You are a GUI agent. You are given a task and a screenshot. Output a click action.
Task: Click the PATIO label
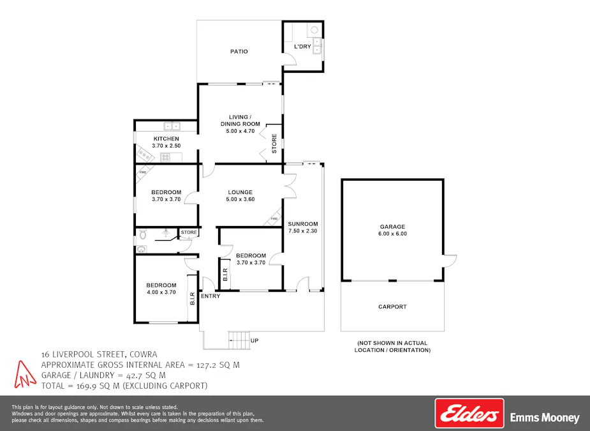point(239,52)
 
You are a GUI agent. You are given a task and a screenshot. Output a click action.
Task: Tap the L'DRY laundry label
point(302,47)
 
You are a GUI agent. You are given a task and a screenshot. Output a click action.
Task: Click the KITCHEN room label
point(166,139)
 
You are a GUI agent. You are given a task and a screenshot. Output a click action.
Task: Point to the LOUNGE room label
point(239,192)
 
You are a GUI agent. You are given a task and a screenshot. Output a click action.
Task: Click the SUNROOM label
point(302,224)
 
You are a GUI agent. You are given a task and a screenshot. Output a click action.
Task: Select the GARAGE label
point(393,227)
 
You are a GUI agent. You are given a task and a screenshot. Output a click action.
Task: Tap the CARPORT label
point(392,307)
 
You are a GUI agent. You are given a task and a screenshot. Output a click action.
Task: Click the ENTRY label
point(210,296)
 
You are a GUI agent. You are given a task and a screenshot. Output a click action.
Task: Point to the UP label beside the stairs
point(254,341)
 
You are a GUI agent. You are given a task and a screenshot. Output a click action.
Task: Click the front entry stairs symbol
point(238,340)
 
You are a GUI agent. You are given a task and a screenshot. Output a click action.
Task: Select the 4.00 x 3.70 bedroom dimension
point(161,292)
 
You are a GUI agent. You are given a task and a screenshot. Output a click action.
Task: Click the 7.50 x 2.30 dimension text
point(302,231)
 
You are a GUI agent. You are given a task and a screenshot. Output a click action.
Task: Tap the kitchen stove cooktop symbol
point(165,157)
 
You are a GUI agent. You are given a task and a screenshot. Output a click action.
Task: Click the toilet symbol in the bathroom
point(142,234)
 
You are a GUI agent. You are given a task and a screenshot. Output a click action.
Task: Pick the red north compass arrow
point(24,374)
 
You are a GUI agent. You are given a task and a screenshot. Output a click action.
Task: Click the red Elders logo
point(469,414)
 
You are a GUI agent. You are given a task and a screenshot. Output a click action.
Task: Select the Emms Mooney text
point(545,418)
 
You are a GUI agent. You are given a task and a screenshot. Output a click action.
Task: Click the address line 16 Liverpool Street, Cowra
point(99,354)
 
